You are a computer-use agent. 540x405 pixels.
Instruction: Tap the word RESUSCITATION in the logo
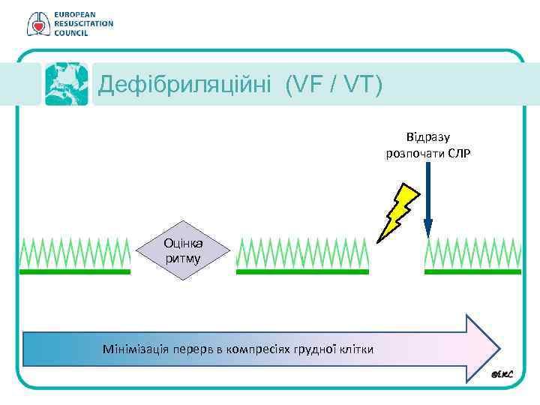83,24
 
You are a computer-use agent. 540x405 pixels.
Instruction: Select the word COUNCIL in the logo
71,34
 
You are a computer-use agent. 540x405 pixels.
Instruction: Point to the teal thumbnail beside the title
66,83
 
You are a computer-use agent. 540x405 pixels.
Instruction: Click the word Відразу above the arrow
427,137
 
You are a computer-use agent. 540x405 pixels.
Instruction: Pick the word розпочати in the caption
411,153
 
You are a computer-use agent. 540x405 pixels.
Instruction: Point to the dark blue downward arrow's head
428,228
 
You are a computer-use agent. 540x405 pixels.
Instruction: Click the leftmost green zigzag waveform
74,253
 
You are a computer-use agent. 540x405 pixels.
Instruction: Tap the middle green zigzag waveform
302,253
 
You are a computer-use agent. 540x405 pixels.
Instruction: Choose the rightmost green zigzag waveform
472,253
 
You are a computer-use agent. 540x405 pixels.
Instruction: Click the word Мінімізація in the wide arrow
133,349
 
